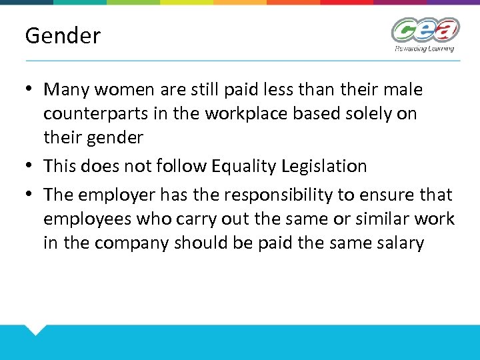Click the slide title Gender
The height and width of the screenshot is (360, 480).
(x=63, y=36)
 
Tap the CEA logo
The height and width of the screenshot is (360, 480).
(x=425, y=31)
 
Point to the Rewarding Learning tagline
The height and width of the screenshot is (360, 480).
(x=424, y=49)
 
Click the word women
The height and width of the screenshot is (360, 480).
(x=129, y=89)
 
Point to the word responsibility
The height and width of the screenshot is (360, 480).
(x=289, y=195)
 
